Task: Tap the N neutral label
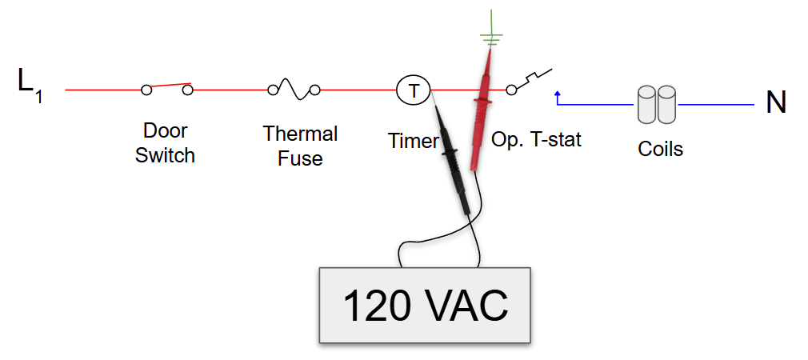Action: tap(775, 103)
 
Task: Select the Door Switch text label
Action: tap(165, 142)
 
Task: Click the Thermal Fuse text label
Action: tap(300, 146)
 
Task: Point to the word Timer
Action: tap(413, 142)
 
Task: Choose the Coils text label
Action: tap(660, 149)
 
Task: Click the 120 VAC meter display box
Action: tap(425, 304)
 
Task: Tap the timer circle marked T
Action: tap(414, 90)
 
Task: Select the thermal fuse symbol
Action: tap(294, 90)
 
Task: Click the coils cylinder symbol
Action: tap(657, 105)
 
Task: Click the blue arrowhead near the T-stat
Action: tap(558, 94)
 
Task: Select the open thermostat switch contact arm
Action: tap(532, 81)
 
